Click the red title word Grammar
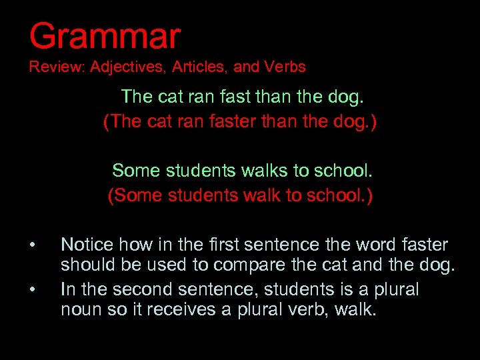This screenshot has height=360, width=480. [x=105, y=36]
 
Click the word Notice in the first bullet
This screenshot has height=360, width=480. [x=87, y=245]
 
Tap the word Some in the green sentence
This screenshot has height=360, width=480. [x=136, y=171]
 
